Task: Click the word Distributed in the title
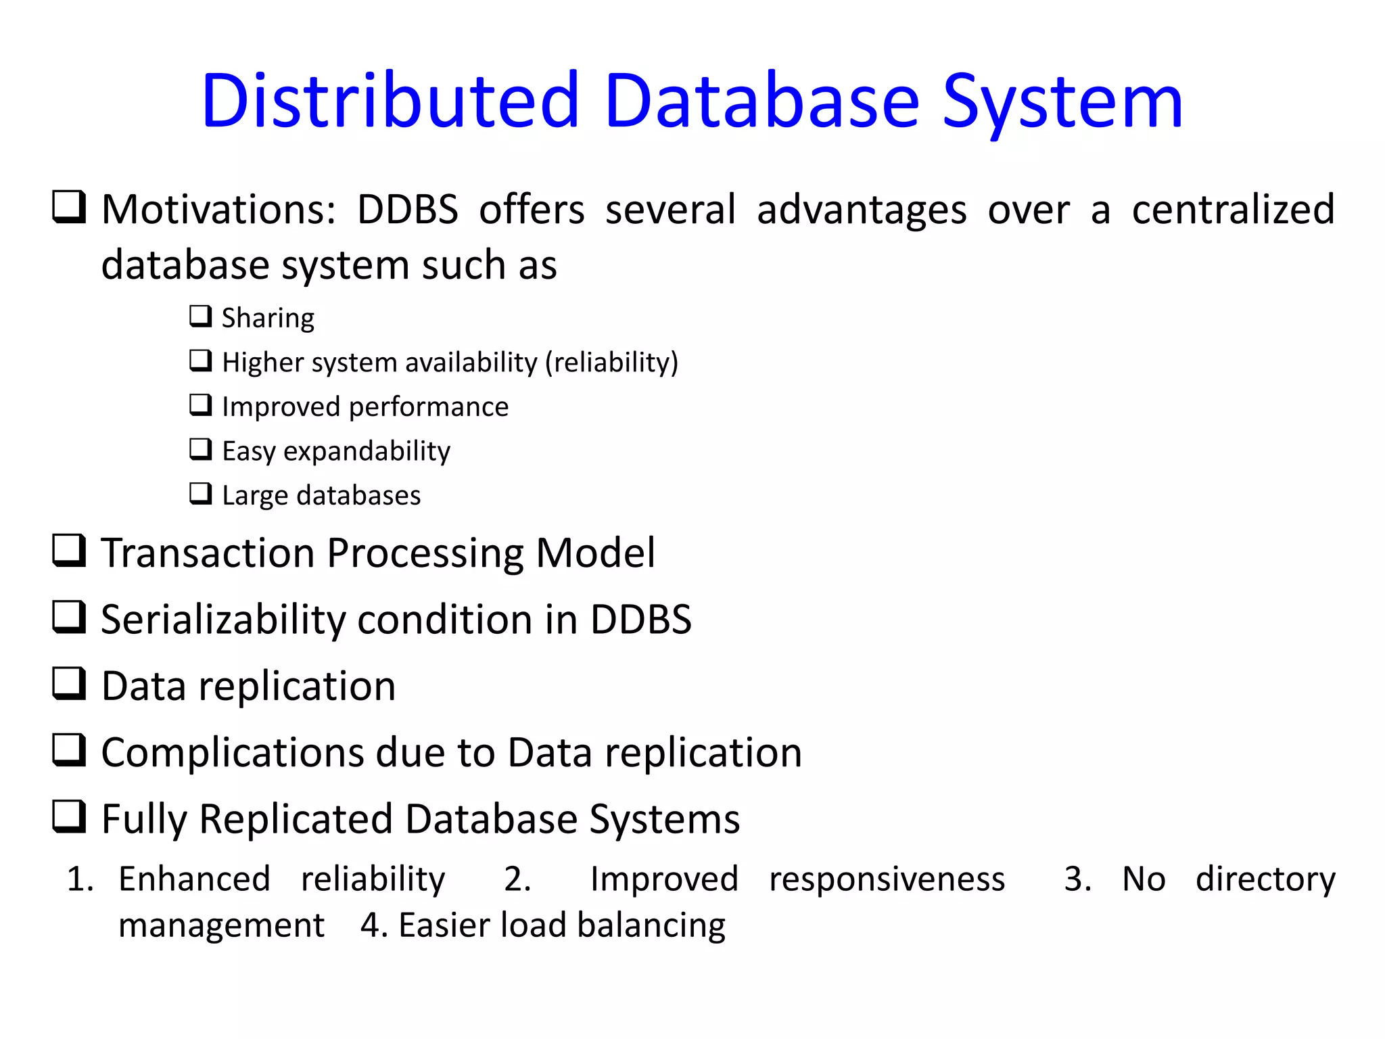(x=390, y=101)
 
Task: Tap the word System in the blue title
(x=1062, y=101)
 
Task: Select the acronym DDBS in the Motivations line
(x=408, y=209)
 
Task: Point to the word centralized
(x=1233, y=209)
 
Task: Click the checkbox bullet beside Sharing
(x=200, y=316)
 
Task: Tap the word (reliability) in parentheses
(x=611, y=363)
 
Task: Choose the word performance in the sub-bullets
(x=428, y=407)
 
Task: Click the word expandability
(x=367, y=451)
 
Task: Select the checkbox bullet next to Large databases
(x=200, y=494)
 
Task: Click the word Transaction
(x=208, y=553)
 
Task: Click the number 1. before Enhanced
(x=80, y=879)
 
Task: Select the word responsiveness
(x=887, y=879)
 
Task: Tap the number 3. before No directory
(x=1077, y=879)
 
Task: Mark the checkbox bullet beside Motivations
(x=69, y=207)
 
